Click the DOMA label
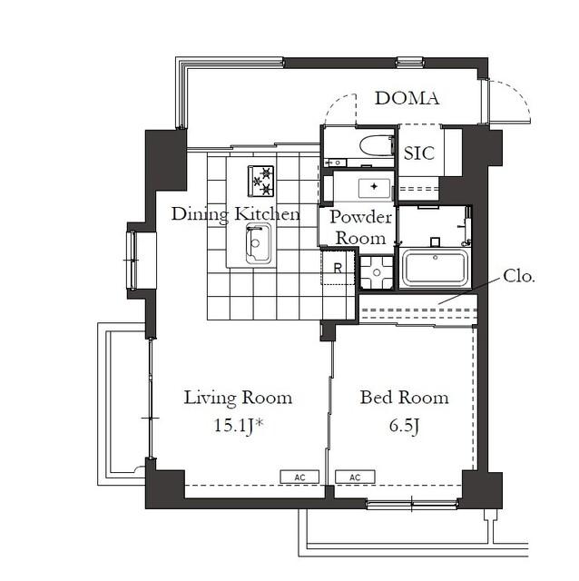[x=407, y=98]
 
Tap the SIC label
[x=419, y=153]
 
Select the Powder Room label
[x=361, y=228]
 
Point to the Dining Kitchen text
[x=236, y=214]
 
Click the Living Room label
[x=238, y=398]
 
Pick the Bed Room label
[x=405, y=398]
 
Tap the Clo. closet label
[x=519, y=276]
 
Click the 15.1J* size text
[x=239, y=426]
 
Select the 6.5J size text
[x=404, y=426]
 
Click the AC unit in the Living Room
[x=299, y=478]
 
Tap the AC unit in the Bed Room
[x=355, y=478]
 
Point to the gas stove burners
[x=260, y=181]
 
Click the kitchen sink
[x=259, y=243]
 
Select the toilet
[x=376, y=146]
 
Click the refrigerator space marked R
[x=337, y=268]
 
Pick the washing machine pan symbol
[x=377, y=272]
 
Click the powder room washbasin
[x=374, y=188]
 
